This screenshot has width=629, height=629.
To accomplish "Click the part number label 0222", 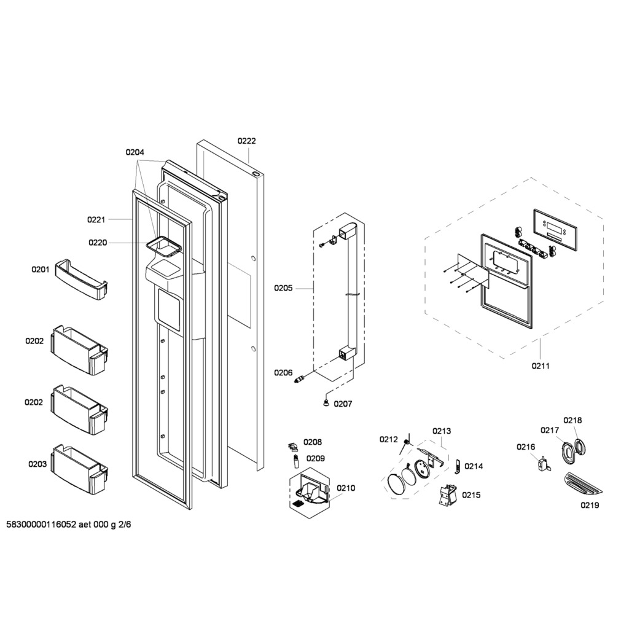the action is pos(246,141).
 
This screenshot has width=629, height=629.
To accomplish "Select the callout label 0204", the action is pos(135,152).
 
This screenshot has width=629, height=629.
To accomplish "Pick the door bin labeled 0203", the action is pos(80,469).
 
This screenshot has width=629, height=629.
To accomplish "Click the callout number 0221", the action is pos(96,219).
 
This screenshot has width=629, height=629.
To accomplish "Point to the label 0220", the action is pos(98,242).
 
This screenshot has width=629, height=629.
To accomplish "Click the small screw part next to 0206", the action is pos(300,378).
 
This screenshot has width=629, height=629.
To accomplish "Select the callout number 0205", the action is pos(283,288).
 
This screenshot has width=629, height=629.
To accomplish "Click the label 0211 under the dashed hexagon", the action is pos(541,365).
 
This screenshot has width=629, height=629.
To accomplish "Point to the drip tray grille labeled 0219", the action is pos(584,485).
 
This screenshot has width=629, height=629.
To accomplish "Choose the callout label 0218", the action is pos(572,420).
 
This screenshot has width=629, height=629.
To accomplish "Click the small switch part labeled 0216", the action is pos(544,463).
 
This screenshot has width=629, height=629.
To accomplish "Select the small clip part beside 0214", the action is pos(457,466).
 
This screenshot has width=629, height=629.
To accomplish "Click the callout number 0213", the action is pos(442,431).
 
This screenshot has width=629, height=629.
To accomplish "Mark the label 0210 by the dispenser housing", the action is pos(346,488).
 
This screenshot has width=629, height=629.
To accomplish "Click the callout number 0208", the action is pos(313,442).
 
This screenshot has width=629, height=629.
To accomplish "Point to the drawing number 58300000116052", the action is pos(42,525).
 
